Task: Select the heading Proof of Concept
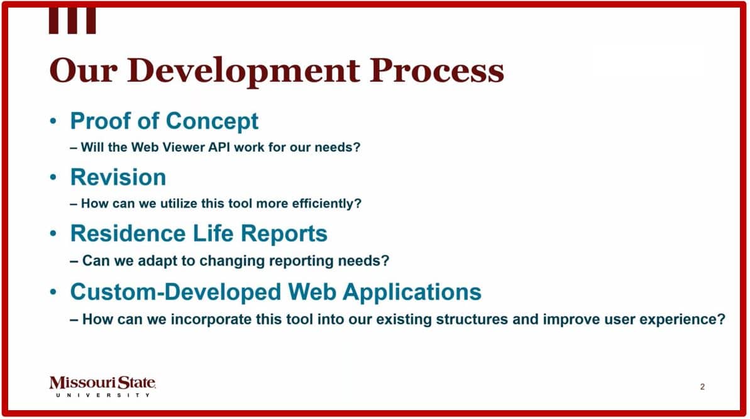(164, 121)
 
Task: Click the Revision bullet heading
(118, 177)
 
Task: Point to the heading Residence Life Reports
(199, 233)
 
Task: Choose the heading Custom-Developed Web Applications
(275, 292)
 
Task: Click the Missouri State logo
(102, 383)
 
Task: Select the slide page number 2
(702, 387)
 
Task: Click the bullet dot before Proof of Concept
(54, 121)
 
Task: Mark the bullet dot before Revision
(54, 178)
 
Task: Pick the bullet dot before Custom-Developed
(54, 293)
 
